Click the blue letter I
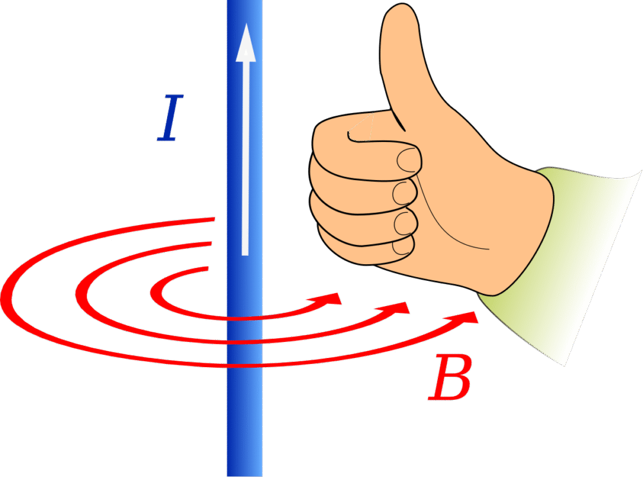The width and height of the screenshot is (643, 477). click(x=170, y=118)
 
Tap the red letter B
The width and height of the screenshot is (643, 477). click(x=450, y=378)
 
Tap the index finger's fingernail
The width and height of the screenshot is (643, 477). click(x=409, y=159)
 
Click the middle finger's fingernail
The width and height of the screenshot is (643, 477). click(x=404, y=193)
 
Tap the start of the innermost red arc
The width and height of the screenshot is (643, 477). click(x=208, y=269)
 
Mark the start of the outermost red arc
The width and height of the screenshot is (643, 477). click(x=215, y=219)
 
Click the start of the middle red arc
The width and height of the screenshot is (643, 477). click(x=211, y=244)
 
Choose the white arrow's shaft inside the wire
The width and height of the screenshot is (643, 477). click(x=245, y=158)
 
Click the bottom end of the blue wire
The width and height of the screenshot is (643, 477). click(x=245, y=476)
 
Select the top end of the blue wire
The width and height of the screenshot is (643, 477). click(x=245, y=1)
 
